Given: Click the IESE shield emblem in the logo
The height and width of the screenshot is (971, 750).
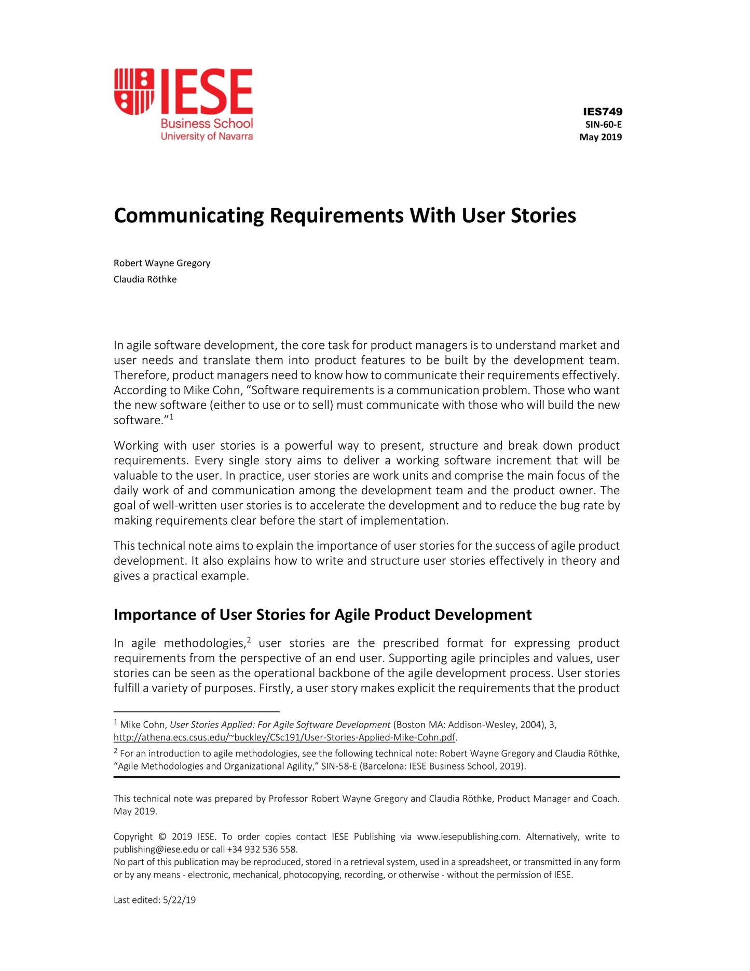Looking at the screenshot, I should tap(134, 91).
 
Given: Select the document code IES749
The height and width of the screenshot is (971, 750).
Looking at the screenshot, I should tap(602, 112).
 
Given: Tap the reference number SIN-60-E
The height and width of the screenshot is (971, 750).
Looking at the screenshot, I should tap(603, 125).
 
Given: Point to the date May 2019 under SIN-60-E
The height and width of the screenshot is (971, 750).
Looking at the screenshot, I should tap(601, 137).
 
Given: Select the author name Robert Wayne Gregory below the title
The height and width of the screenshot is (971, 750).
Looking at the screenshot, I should tap(162, 263).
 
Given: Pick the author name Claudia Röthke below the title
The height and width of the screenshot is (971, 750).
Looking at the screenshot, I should tap(145, 279).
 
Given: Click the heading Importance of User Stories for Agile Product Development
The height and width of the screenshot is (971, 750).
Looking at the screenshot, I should tap(322, 615).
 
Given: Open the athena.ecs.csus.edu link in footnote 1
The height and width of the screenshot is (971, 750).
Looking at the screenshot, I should tap(284, 737).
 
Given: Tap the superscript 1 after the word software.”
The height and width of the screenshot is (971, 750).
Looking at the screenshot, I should tap(171, 417).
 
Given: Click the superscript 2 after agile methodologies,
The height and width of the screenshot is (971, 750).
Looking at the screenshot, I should tap(249, 640).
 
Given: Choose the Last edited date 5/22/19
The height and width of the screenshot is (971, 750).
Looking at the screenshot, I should tap(179, 900).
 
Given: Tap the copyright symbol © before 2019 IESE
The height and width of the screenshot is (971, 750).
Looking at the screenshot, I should tap(162, 837).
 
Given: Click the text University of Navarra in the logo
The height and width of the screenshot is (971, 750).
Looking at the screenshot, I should tap(207, 137).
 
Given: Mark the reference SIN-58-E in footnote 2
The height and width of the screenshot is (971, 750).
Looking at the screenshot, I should tap(339, 766).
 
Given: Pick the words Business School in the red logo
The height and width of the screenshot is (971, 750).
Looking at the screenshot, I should tap(207, 124).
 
